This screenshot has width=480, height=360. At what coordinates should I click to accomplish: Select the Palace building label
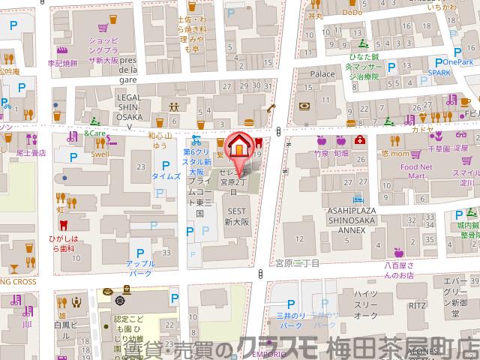tap(322, 75)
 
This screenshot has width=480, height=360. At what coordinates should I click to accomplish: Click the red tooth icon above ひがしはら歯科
tap(62, 223)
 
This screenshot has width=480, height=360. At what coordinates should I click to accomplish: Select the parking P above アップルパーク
tap(139, 253)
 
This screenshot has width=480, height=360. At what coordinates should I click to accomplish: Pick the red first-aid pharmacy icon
tap(361, 140)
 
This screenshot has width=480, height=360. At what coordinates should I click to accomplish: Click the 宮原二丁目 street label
tap(297, 263)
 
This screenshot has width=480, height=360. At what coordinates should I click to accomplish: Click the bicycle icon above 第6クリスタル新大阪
tap(196, 140)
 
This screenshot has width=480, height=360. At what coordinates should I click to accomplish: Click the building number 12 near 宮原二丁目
tap(299, 238)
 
